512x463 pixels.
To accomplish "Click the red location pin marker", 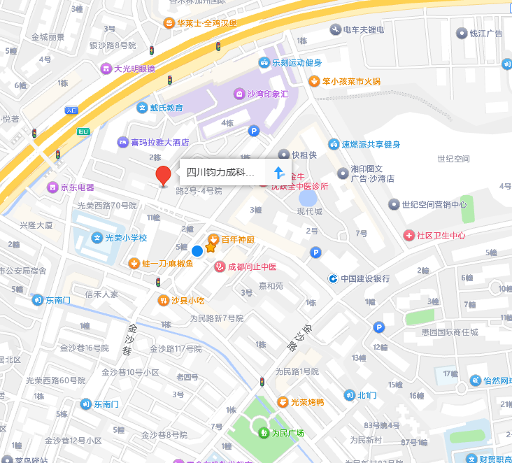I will (163, 176).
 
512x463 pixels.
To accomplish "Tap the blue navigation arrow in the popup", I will (279, 172).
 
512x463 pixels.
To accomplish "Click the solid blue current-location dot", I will (197, 250).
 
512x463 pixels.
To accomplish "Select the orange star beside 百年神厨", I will (211, 247).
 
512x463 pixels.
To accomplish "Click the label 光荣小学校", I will (126, 238).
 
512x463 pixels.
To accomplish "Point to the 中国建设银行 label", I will (365, 278).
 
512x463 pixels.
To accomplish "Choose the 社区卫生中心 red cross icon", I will (408, 236).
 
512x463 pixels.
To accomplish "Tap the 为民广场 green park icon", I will (263, 433).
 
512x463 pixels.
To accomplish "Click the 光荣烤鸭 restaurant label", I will (307, 401).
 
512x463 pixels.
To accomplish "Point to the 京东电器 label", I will (77, 187).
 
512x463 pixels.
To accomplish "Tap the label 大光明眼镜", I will (134, 69).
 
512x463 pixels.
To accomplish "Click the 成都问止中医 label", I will (251, 266).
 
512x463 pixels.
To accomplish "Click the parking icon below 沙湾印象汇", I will (255, 130).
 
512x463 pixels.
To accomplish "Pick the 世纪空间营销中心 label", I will (434, 204).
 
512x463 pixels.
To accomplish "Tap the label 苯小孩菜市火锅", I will (351, 81).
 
